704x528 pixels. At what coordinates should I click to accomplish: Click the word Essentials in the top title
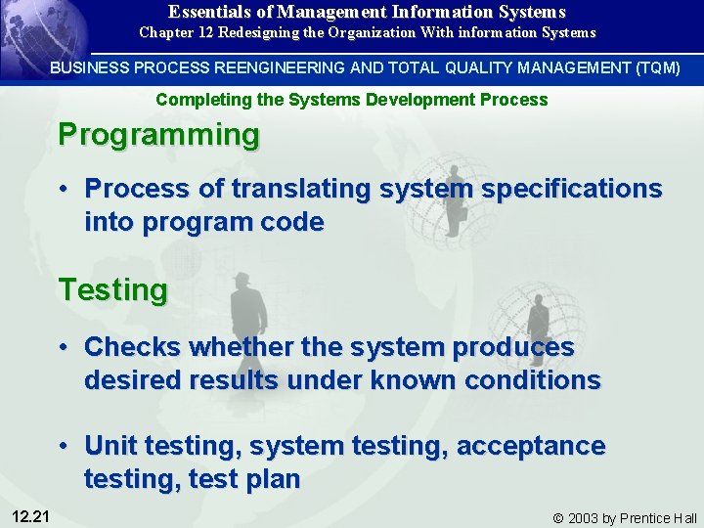[206, 12]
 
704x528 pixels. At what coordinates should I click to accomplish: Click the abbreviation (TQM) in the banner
[655, 68]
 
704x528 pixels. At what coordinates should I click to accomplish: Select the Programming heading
[158, 134]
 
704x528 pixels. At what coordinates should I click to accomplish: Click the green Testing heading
[112, 289]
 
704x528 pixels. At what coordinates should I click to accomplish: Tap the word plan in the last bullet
[276, 480]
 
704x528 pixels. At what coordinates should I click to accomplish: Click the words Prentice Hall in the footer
[661, 518]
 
